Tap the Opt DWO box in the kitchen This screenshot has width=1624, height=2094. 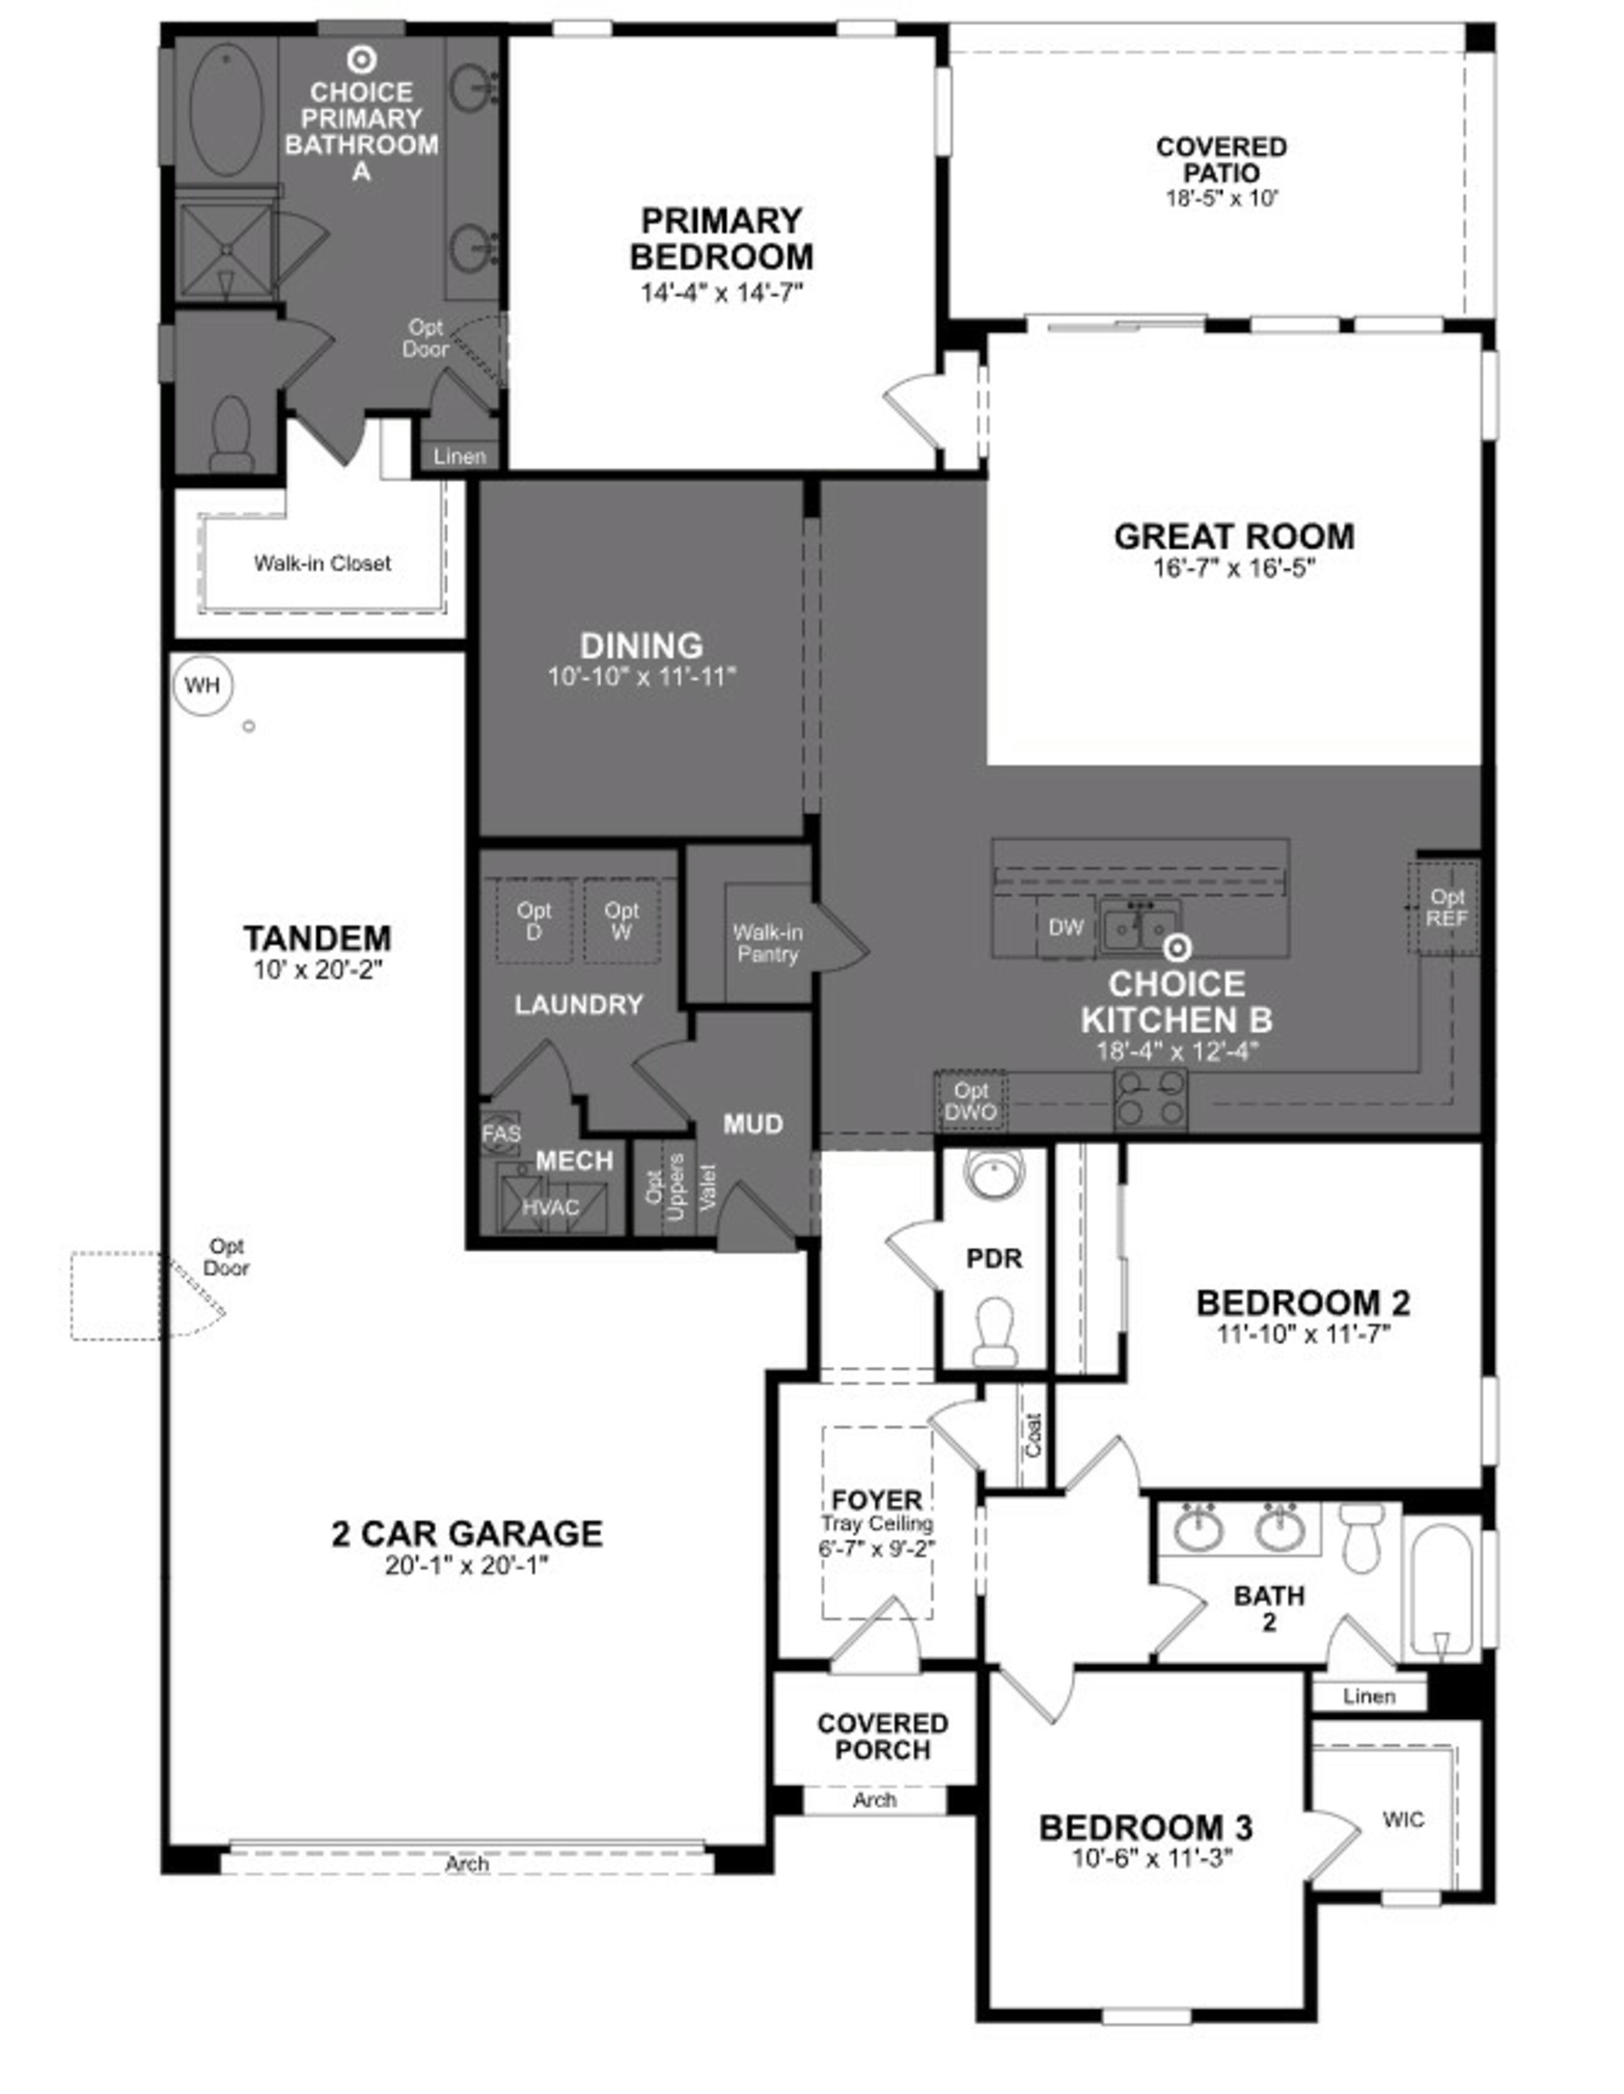(x=971, y=1101)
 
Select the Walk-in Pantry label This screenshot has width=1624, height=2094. (x=768, y=943)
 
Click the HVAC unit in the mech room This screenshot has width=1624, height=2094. (x=551, y=1207)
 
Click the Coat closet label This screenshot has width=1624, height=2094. (x=1033, y=1436)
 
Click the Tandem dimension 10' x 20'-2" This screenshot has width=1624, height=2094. (x=318, y=970)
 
